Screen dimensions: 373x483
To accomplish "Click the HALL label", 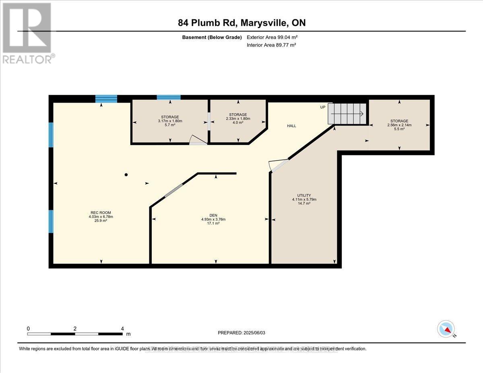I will coord(291,126).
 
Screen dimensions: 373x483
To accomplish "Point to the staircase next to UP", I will coord(347,113).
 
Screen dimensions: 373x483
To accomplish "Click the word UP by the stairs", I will coord(323,107).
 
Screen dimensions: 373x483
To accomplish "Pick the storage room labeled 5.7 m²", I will coord(169,121).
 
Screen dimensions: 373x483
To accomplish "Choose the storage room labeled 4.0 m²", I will coord(238,118).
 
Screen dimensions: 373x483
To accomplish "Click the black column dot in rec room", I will coord(126,175).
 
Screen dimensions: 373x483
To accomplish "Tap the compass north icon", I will coord(446,329).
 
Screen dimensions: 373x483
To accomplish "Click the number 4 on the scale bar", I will coord(122,328).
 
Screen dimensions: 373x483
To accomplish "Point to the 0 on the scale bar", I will coord(28,328).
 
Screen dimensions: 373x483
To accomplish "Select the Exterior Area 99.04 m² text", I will coord(272,37).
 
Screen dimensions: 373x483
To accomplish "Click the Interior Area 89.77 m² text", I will coord(271,45).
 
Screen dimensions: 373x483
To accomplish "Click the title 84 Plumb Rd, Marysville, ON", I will coord(242,23).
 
